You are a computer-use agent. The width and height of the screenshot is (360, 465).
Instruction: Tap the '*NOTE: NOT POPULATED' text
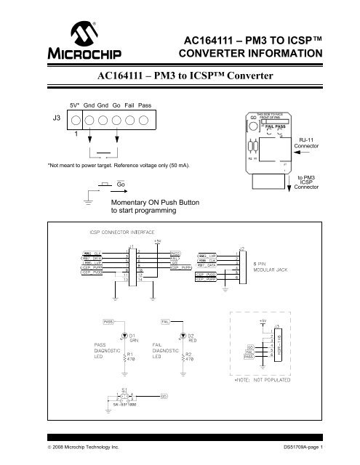point(263,379)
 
